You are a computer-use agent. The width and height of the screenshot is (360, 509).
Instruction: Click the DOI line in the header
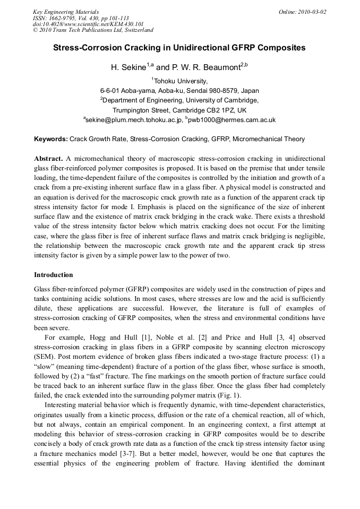point(88,24)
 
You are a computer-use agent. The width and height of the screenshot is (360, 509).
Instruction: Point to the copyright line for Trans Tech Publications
point(93,30)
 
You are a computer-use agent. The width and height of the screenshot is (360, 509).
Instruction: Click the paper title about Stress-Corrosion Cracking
point(179,47)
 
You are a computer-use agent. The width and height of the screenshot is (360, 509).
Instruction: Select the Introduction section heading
point(53,275)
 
